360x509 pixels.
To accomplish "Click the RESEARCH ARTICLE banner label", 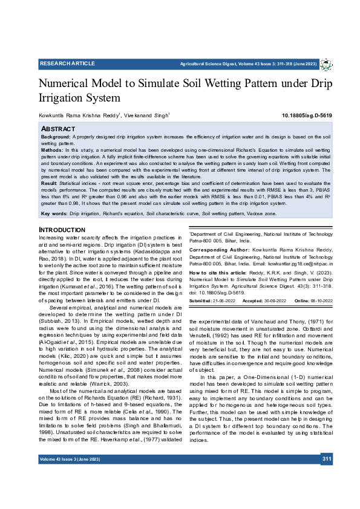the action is [68, 63].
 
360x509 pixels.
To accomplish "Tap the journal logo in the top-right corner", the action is [326, 64].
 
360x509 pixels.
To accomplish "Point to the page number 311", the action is [327, 459].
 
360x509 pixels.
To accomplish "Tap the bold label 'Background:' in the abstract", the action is [56, 137].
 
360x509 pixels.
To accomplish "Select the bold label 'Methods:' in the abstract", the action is [53, 149].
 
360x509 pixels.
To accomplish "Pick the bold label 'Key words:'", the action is [54, 214].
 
